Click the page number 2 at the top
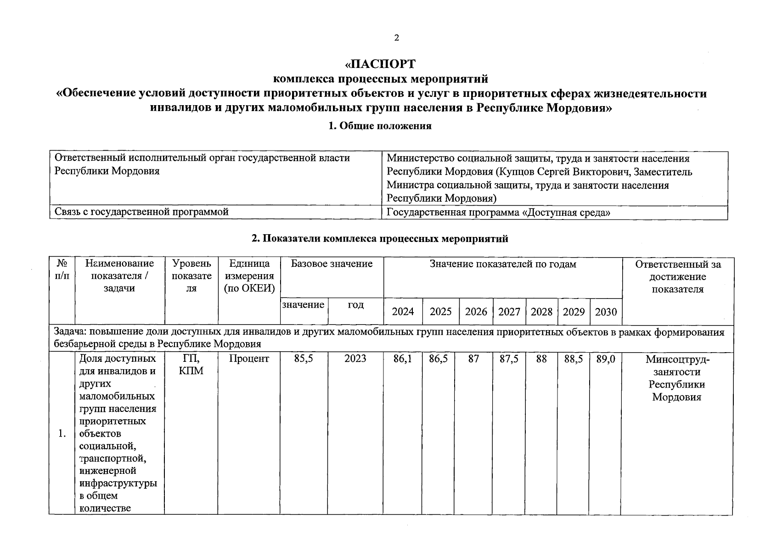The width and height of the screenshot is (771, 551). (396, 38)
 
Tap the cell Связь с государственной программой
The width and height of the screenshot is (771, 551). (141, 212)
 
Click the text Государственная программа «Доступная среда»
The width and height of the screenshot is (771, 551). (498, 213)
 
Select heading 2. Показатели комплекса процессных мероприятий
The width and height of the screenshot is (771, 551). (380, 239)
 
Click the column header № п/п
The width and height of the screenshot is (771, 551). (62, 270)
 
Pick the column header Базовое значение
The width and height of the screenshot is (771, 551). (332, 264)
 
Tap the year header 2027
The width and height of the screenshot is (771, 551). (509, 312)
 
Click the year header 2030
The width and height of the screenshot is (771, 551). (606, 312)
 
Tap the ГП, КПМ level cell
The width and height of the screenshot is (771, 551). (191, 365)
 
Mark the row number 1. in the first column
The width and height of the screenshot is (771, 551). (62, 434)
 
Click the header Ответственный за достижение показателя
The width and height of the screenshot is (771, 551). (678, 276)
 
